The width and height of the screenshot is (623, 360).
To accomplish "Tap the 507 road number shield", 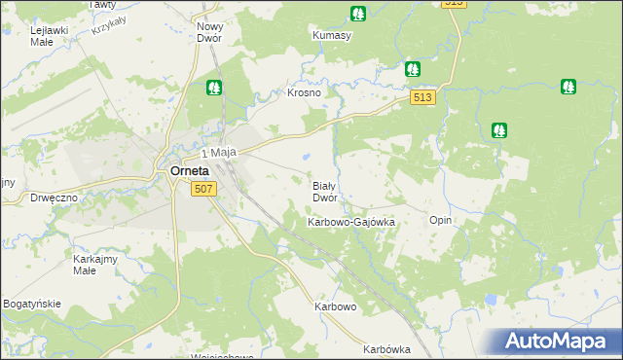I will tap(202, 189).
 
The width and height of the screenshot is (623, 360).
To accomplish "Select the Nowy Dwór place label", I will tap(209, 33).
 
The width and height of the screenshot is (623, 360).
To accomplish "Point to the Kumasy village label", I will tap(332, 35).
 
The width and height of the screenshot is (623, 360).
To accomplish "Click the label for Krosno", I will tap(304, 93).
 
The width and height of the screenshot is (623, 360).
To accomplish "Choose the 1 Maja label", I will tap(220, 153).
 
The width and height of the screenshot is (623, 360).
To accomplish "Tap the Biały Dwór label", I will tap(324, 191).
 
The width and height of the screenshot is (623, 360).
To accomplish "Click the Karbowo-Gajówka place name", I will tap(350, 222).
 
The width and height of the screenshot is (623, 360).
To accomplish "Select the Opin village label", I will tap(441, 221).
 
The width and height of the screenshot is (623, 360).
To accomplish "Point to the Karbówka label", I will tap(386, 349).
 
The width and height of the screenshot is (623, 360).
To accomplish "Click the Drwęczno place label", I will tap(54, 197).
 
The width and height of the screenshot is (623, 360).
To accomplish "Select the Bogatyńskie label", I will tap(31, 304).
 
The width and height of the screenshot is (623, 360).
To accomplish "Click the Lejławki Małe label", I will tap(49, 36).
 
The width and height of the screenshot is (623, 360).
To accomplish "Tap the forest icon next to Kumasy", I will tap(358, 14).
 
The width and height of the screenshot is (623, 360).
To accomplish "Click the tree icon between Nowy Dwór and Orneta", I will tap(214, 88).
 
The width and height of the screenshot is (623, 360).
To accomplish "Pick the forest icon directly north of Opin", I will tap(498, 128).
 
